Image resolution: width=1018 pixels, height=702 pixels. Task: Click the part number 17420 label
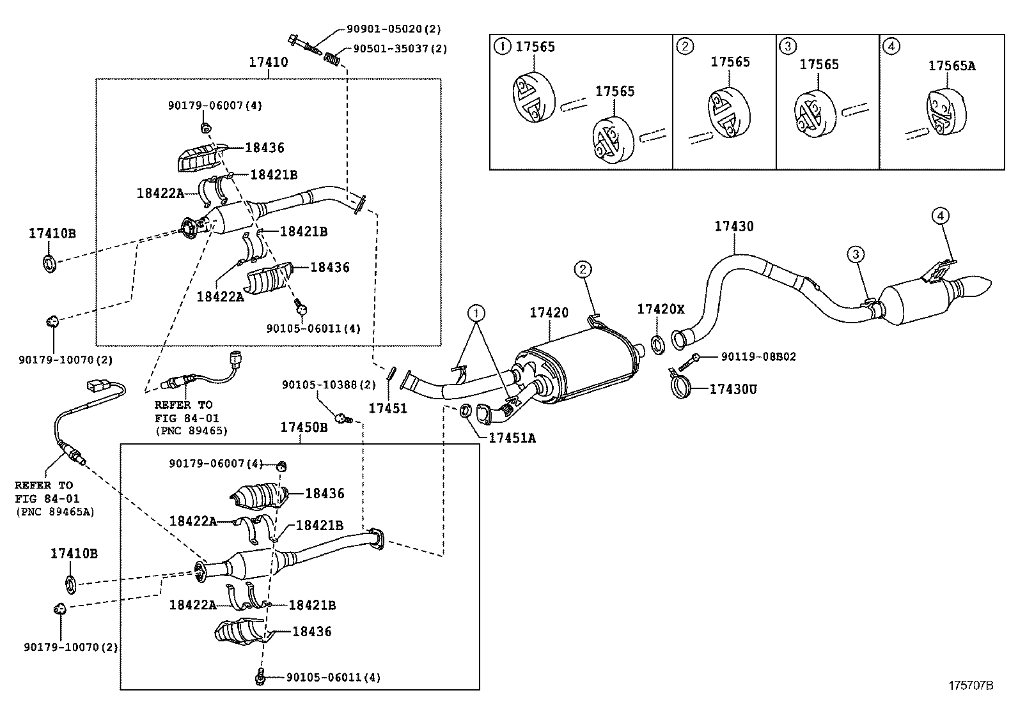[549, 313]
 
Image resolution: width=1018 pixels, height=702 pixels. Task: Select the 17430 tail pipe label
[733, 226]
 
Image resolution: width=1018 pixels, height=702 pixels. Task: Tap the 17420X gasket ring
[657, 345]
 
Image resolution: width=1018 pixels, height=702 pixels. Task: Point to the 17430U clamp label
[733, 388]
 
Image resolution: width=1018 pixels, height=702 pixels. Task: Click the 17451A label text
[512, 438]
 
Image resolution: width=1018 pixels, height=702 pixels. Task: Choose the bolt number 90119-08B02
[758, 356]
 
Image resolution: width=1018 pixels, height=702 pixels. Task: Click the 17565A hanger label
[951, 65]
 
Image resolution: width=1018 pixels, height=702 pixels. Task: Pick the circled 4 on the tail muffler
[941, 217]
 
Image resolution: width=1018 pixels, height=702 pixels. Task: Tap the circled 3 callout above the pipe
[856, 254]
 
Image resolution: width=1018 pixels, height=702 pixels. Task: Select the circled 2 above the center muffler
[583, 270]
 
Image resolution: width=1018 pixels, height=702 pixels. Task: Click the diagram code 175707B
[970, 685]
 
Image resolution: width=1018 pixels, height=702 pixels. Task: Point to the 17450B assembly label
[304, 427]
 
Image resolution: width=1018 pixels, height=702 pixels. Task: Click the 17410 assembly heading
[268, 62]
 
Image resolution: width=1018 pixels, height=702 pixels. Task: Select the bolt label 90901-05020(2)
[394, 29]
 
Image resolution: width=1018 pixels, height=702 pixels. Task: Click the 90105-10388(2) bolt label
[329, 385]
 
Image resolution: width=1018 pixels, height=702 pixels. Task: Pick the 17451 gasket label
[388, 408]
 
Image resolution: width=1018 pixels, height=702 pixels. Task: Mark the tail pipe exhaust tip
[978, 285]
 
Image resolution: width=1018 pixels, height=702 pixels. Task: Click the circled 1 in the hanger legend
[503, 47]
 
